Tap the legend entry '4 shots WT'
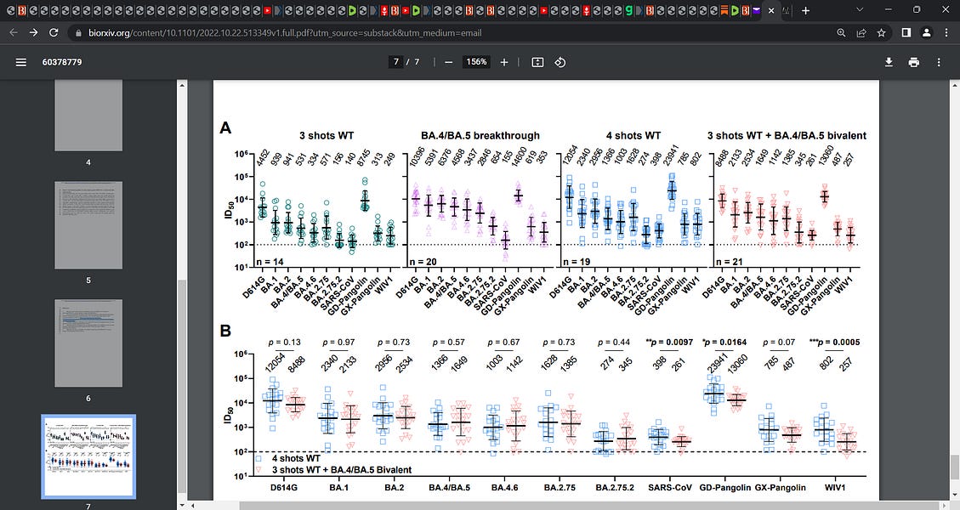click(298, 458)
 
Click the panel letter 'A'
click(225, 128)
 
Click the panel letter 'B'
click(225, 331)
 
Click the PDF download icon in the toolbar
click(889, 62)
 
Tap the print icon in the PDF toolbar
click(914, 62)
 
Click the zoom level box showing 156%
click(475, 62)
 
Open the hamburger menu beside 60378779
click(21, 62)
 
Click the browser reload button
click(54, 33)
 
